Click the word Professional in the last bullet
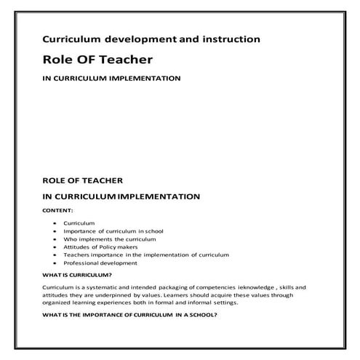(x=81, y=263)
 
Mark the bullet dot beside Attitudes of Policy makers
(x=55, y=247)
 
